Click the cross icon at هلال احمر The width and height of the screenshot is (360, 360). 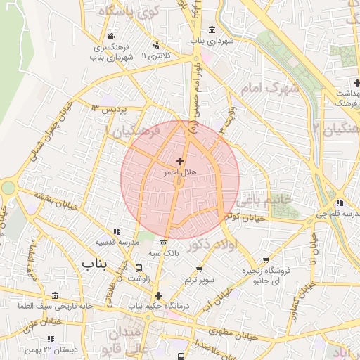[181, 162]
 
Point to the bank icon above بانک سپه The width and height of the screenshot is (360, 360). [164, 243]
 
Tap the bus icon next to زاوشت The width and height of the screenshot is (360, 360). [139, 268]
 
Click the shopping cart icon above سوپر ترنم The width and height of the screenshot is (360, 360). [199, 269]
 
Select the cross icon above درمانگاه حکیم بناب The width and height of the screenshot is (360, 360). [159, 295]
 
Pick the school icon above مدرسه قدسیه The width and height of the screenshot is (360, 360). [117, 231]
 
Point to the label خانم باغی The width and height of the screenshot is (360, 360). [266, 200]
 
